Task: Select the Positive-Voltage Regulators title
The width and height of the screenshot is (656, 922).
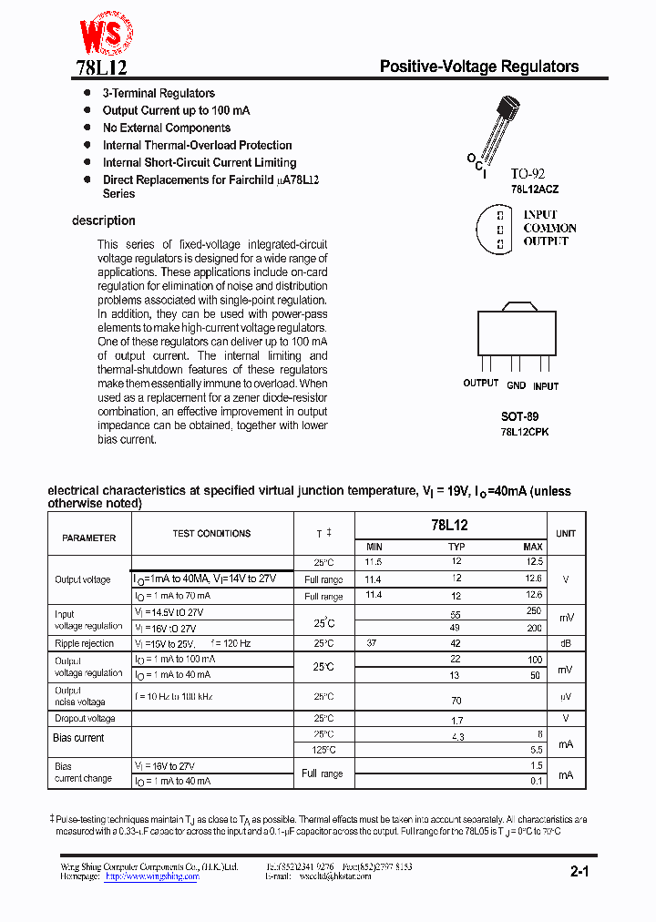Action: [x=478, y=67]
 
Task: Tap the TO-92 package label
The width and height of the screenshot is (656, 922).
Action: [x=528, y=173]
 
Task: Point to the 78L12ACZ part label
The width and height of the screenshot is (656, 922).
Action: [x=535, y=189]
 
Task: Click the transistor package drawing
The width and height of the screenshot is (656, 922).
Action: [x=497, y=128]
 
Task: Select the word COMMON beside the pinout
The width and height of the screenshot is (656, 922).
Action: [x=549, y=228]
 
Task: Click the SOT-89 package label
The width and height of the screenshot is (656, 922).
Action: [x=519, y=415]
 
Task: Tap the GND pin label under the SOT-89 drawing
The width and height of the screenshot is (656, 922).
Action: [x=517, y=385]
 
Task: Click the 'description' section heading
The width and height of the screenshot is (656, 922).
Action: [x=104, y=220]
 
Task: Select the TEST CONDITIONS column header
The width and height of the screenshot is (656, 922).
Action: [x=211, y=534]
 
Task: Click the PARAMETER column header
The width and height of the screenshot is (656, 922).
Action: [x=89, y=538]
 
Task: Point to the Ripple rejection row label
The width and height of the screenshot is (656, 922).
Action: [x=85, y=643]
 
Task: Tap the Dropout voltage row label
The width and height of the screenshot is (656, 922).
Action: [x=85, y=719]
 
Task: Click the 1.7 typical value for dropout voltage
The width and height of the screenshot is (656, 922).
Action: [x=456, y=719]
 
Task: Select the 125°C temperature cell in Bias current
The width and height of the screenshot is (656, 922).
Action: [x=323, y=750]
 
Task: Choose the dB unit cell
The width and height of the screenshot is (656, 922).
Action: [x=566, y=643]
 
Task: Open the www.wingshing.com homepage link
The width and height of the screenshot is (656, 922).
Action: [x=151, y=876]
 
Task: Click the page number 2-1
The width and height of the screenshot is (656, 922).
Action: [x=580, y=872]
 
